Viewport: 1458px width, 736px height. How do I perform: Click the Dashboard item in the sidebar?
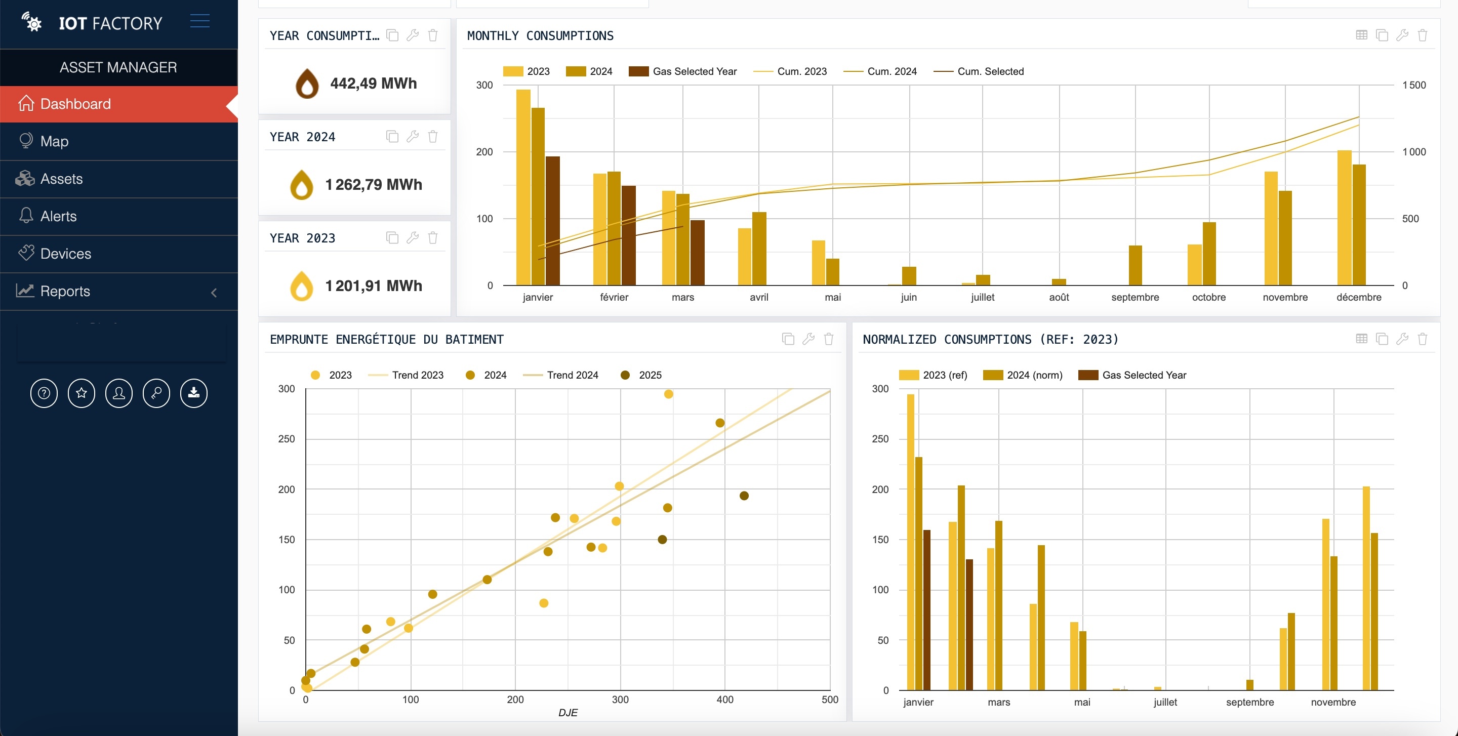tap(75, 104)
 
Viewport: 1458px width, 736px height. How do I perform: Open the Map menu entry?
tap(54, 141)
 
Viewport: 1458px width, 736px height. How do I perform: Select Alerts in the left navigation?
tap(58, 216)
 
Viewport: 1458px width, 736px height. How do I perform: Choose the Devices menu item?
tap(66, 254)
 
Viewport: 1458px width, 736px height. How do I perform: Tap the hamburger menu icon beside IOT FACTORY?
tap(200, 21)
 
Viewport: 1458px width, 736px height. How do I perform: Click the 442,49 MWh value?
tap(373, 84)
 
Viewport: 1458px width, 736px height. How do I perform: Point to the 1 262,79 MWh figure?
tap(373, 185)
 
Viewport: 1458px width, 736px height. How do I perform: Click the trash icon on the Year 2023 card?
tap(433, 237)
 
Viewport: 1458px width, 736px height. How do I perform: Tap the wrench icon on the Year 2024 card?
tap(413, 136)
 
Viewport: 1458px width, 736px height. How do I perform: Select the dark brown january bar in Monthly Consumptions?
tap(552, 221)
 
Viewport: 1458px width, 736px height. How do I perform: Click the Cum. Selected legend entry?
tap(979, 71)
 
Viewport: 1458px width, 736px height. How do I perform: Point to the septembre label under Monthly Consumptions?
tap(1135, 298)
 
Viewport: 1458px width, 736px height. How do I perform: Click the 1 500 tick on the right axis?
tap(1413, 86)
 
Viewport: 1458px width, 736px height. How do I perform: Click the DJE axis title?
tap(568, 713)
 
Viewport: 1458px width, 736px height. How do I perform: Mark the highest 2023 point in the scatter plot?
tap(668, 394)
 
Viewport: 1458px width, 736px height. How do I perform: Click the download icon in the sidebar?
tap(193, 393)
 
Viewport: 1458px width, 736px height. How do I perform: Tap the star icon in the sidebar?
tap(82, 393)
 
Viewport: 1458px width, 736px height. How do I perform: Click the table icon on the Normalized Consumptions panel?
tap(1361, 339)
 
